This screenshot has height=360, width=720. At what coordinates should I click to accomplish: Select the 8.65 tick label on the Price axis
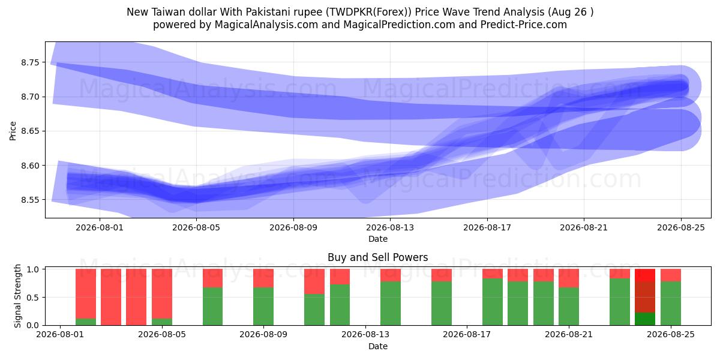click(x=30, y=131)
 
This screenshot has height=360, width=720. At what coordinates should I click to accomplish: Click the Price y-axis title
click(x=13, y=131)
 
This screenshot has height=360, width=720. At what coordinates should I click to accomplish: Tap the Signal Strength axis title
click(x=17, y=296)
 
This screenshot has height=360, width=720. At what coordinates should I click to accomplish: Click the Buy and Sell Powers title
click(x=377, y=257)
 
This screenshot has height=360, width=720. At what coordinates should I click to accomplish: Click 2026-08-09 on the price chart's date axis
click(x=293, y=227)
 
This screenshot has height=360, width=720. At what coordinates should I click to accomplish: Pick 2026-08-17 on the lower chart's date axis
click(x=467, y=334)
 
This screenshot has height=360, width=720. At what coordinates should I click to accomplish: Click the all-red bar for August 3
click(x=111, y=297)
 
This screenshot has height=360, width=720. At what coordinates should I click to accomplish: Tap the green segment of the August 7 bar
click(x=213, y=307)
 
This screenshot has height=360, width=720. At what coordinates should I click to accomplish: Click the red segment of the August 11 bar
click(x=314, y=281)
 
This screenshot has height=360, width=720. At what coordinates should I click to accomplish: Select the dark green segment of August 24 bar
click(x=645, y=319)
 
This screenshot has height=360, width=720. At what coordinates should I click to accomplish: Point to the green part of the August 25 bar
click(x=671, y=304)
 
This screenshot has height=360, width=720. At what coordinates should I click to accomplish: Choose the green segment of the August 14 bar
click(x=391, y=304)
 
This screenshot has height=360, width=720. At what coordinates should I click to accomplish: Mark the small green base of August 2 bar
click(x=86, y=322)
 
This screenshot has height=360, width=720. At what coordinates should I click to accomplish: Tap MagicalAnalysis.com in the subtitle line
click(x=266, y=25)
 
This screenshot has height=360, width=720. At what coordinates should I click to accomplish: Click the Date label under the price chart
click(x=378, y=239)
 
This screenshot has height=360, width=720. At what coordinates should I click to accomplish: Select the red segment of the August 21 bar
click(x=569, y=278)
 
